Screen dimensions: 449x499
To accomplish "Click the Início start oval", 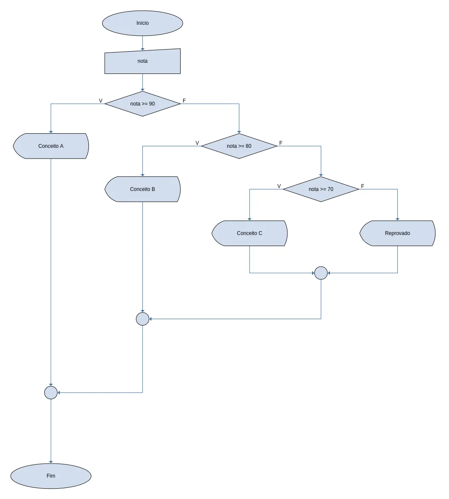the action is [x=143, y=23].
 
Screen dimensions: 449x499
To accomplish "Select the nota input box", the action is [x=143, y=62].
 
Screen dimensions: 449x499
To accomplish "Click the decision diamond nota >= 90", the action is [x=143, y=104].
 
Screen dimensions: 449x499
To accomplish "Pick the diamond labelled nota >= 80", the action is [x=239, y=146].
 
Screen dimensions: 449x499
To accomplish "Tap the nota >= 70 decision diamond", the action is [x=321, y=189].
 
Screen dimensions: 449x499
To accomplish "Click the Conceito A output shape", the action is [x=51, y=146].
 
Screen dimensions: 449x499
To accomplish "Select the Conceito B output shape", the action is [x=143, y=189].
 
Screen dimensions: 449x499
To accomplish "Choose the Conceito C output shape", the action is [x=249, y=233].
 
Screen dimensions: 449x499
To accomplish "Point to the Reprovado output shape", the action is [x=397, y=233].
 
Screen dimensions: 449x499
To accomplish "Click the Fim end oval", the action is [x=51, y=476].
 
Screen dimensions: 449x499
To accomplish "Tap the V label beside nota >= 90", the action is [x=100, y=101].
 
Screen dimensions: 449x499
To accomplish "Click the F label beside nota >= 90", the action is [x=184, y=101].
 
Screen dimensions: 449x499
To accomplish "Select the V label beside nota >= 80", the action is [x=197, y=143].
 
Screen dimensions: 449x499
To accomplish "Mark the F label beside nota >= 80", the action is [x=281, y=143].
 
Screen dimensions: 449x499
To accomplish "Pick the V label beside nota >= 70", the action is [x=279, y=186].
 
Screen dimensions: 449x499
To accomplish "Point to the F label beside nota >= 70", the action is [x=362, y=186].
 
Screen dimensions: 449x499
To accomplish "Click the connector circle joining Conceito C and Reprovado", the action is [x=321, y=273].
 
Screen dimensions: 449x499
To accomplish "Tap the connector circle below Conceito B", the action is [x=143, y=319].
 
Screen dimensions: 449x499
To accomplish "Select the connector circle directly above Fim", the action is [x=51, y=393].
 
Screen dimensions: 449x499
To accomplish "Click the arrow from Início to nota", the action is [x=143, y=43].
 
